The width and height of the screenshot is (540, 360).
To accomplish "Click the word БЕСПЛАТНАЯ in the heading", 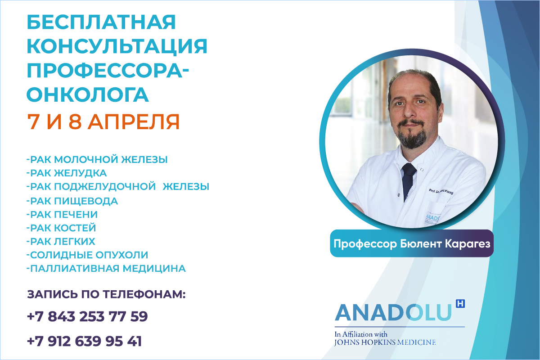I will point(101,22).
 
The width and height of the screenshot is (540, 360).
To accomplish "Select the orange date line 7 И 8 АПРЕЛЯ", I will point(103,121).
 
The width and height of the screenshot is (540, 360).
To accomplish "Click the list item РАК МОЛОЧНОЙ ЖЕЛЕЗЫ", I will point(97,160).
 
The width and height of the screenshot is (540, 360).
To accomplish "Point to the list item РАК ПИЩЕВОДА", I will point(72,201).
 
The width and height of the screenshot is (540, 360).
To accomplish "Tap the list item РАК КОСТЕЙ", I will point(61,228).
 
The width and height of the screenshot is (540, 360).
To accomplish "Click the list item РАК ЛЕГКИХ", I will point(61,241).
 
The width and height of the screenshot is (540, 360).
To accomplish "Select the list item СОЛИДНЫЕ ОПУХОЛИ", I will point(87,255).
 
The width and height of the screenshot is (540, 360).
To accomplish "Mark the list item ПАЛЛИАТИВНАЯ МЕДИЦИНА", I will point(106,269).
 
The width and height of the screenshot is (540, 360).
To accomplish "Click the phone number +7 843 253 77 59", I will point(87,316).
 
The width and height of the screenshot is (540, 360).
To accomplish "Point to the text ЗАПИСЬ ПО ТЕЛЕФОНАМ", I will point(106,295).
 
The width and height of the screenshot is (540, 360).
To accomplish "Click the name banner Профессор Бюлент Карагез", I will point(411,244).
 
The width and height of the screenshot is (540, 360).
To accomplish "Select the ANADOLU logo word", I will point(392,313).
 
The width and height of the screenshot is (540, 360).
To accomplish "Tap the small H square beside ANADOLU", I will point(460,304).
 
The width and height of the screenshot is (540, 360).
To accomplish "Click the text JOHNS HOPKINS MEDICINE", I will point(385,342).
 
